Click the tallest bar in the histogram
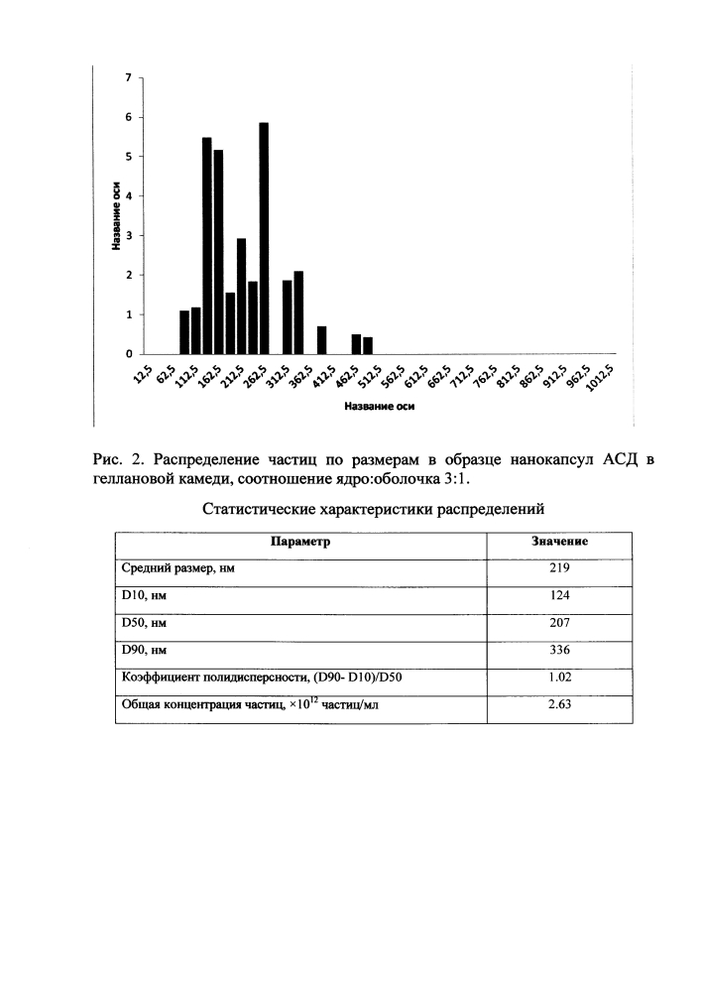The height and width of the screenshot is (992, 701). pyautogui.click(x=264, y=238)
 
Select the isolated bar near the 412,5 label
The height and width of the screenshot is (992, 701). pyautogui.click(x=321, y=340)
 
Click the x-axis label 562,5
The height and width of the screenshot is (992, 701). pyautogui.click(x=393, y=379)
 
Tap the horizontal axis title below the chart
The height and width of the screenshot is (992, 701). pyautogui.click(x=379, y=406)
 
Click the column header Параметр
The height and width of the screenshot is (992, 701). pyautogui.click(x=299, y=543)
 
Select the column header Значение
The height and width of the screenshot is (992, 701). pyautogui.click(x=560, y=543)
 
